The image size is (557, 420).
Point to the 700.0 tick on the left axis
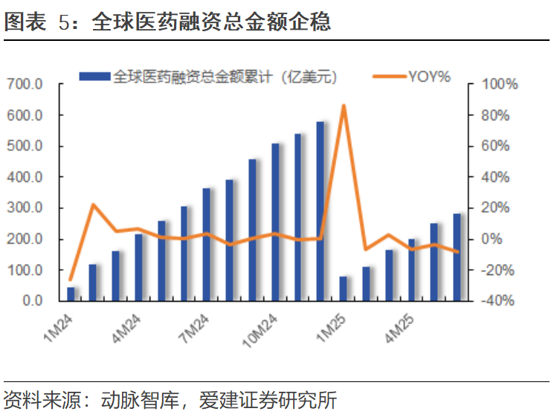pos(28,85)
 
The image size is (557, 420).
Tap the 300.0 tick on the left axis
pos(28,208)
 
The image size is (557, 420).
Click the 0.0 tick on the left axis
pos(33,301)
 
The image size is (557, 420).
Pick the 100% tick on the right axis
pos(500,85)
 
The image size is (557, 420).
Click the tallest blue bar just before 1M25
pos(321,211)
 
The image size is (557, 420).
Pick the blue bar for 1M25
pos(344,289)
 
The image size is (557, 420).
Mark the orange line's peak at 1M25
pos(344,106)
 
